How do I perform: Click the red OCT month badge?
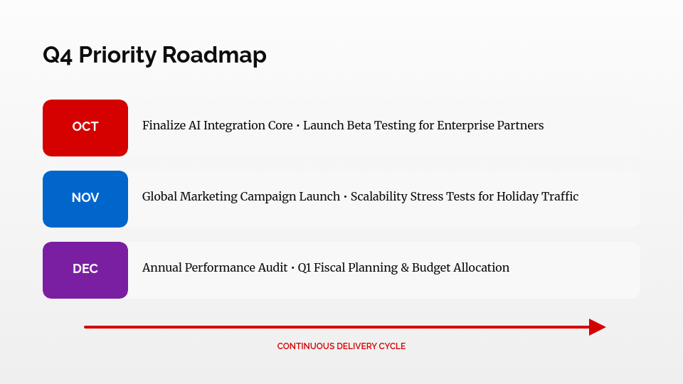point(85,127)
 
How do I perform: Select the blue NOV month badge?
point(85,198)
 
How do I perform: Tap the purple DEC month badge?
point(85,270)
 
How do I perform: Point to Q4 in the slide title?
point(58,55)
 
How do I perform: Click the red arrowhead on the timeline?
point(597,327)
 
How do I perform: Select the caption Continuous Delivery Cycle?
point(341,346)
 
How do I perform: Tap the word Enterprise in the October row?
point(463,126)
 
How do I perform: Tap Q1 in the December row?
point(305,268)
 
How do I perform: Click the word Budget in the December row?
point(431,268)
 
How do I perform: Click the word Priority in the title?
point(117,55)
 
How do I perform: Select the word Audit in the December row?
point(270,268)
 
